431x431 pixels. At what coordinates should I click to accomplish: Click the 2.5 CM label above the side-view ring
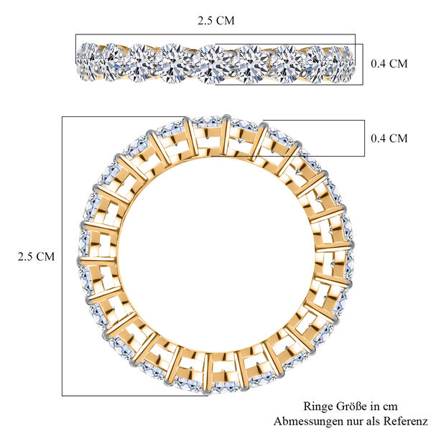point(215,20)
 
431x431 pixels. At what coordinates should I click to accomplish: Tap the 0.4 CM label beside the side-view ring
point(389,63)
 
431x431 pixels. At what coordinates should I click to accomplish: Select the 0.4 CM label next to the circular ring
point(389,138)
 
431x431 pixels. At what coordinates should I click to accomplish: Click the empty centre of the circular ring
point(215,255)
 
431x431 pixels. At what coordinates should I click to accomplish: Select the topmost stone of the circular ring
point(208,124)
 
